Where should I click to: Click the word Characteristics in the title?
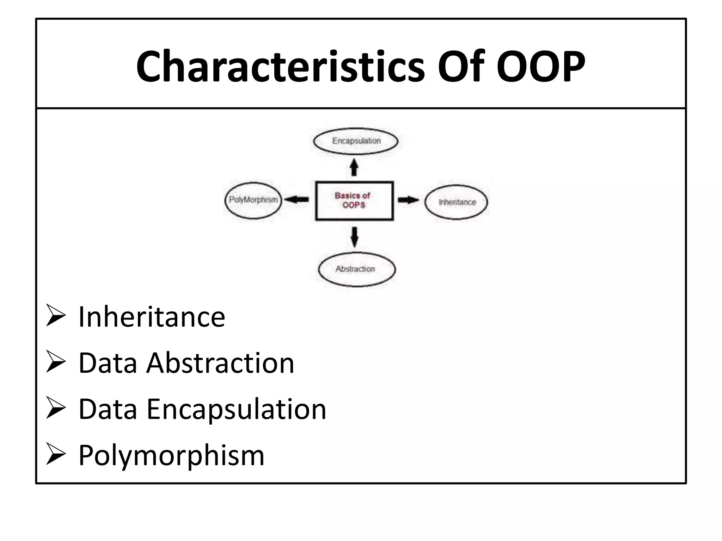coord(280,66)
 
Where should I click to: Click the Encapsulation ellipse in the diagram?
coord(356,141)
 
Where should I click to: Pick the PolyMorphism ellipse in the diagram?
coord(253,200)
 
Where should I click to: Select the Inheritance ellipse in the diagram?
coord(457,202)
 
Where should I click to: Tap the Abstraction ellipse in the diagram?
coord(356,269)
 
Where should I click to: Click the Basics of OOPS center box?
coord(354,200)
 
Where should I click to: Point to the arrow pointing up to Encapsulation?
coord(354,167)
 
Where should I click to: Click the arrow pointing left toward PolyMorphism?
coord(296,200)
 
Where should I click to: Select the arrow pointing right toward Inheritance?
coord(408,200)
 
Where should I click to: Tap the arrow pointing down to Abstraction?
coord(354,236)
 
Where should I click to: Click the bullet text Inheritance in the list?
coord(152,317)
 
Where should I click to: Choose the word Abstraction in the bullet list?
coord(220,363)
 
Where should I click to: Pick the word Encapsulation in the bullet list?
coord(236,409)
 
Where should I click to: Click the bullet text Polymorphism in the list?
coord(171,455)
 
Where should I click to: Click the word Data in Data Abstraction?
coord(108,363)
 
